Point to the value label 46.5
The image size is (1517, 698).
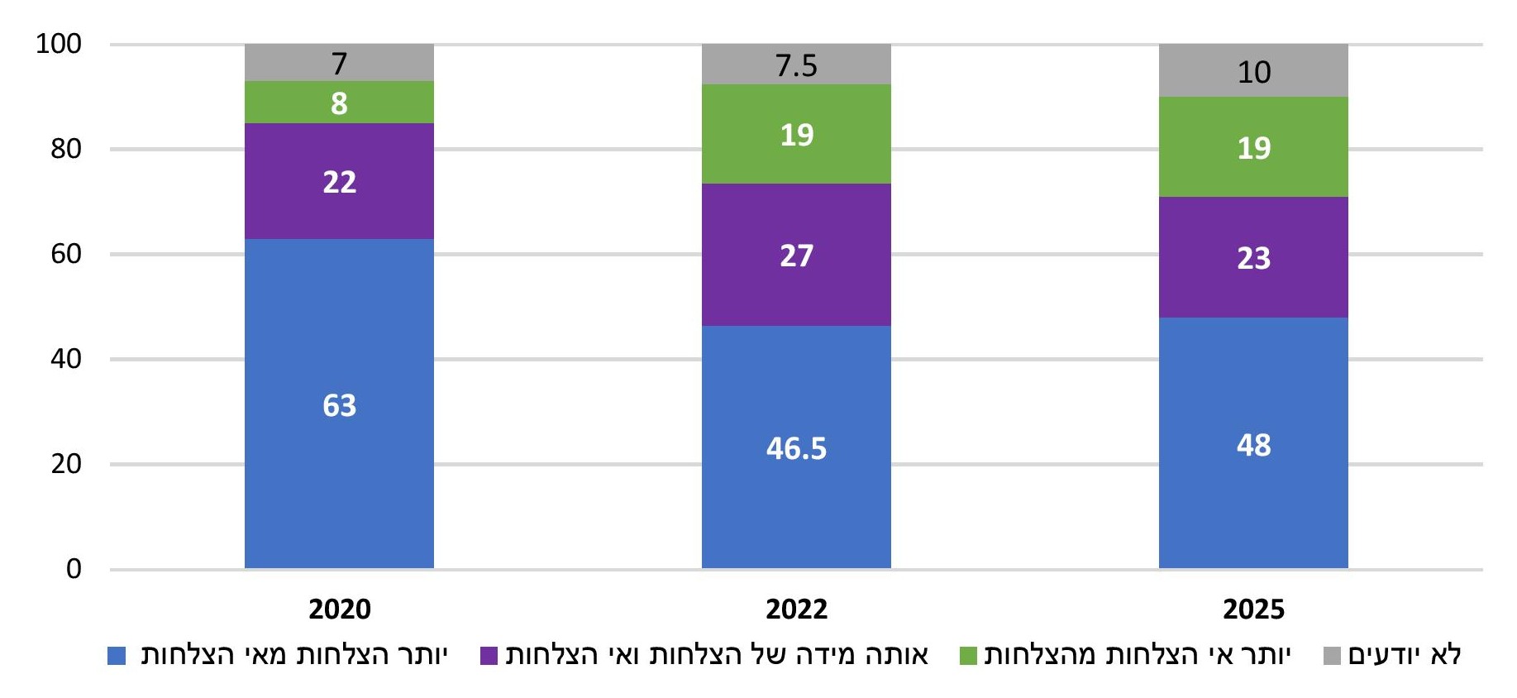[796, 448]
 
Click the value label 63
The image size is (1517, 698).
[339, 405]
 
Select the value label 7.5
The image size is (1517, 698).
[796, 65]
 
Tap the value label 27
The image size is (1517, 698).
[796, 256]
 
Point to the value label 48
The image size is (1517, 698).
[1253, 445]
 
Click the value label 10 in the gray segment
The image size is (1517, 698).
[1253, 72]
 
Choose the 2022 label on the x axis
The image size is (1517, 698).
[796, 610]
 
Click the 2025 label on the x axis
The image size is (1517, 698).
[1253, 610]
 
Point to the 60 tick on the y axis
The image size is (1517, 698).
[66, 254]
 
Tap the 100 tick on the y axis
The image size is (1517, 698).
[59, 44]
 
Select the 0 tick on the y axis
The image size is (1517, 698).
[74, 569]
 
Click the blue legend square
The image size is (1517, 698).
[117, 656]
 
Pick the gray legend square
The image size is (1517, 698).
[1332, 656]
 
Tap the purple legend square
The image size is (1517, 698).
[489, 656]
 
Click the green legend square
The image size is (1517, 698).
[968, 656]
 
